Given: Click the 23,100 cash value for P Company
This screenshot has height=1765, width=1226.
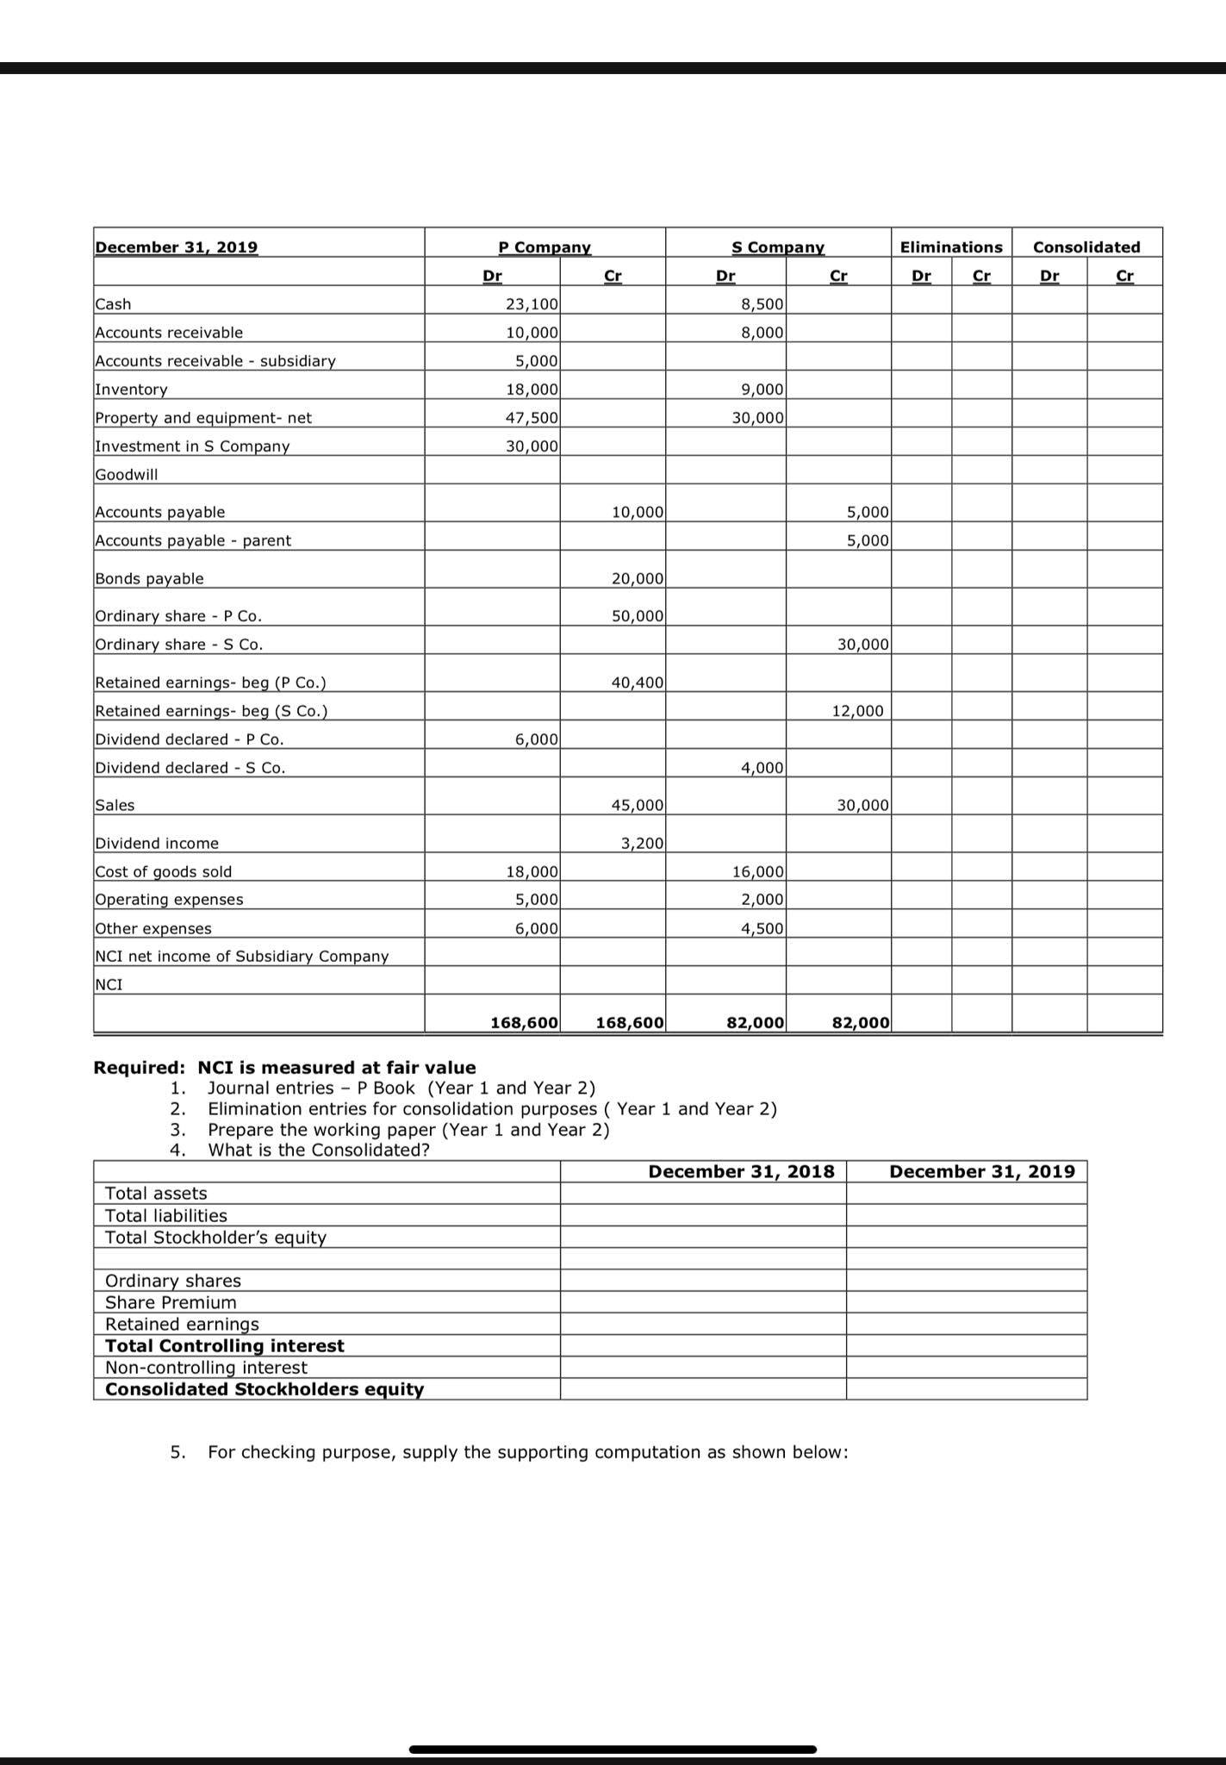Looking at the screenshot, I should click(x=532, y=303).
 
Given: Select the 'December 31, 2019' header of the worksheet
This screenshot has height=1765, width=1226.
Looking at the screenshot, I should click(x=176, y=247).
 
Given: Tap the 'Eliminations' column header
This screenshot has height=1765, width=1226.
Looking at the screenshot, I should click(x=951, y=247).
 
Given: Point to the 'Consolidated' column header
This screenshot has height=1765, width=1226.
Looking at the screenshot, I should click(x=1086, y=247).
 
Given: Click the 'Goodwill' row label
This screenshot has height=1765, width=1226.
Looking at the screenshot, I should click(x=127, y=474).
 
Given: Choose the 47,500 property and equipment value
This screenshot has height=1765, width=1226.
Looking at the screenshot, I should click(x=532, y=417).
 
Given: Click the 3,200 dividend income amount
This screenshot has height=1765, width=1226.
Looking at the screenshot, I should click(x=642, y=843).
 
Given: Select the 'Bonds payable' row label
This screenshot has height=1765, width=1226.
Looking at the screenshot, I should click(x=149, y=578).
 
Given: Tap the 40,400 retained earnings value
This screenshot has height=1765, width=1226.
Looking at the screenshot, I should click(x=638, y=683).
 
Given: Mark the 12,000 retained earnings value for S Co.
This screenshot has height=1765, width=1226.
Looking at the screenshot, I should click(x=857, y=711).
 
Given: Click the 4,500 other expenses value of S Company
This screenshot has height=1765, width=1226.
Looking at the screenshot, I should click(x=762, y=928).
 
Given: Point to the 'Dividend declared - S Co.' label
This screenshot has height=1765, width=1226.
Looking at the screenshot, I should click(x=190, y=767).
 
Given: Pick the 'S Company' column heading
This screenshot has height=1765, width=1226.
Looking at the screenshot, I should click(x=778, y=247).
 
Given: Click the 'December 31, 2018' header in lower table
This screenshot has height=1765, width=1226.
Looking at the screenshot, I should click(x=741, y=1171).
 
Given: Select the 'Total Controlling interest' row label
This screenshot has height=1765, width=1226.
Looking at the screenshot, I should click(x=224, y=1345).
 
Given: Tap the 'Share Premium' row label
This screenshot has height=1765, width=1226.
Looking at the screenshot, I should click(x=171, y=1302).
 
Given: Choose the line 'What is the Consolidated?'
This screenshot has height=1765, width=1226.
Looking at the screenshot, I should click(x=318, y=1150).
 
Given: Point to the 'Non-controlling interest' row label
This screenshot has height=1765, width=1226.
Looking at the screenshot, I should click(x=206, y=1367).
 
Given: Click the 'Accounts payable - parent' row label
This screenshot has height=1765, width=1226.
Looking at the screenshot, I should click(x=193, y=540).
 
